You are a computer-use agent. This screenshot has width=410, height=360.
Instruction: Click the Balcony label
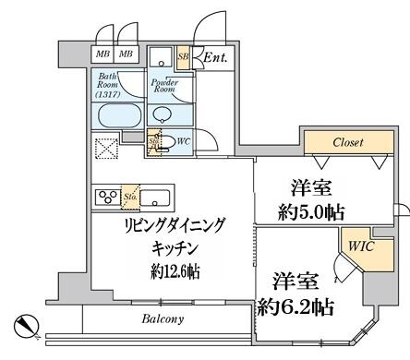[163, 319]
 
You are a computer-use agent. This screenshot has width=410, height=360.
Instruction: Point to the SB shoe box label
[183, 55]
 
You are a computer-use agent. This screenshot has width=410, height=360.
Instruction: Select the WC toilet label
[183, 141]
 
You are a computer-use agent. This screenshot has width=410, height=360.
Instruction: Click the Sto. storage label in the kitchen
[130, 197]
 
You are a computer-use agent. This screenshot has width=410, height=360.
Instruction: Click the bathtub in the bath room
[118, 117]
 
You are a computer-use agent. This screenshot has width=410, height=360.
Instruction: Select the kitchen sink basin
[154, 197]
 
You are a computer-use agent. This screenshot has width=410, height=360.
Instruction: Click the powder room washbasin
[163, 114]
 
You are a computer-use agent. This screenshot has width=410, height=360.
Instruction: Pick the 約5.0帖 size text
[311, 211]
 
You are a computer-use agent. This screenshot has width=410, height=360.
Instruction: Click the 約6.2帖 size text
[296, 303]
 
